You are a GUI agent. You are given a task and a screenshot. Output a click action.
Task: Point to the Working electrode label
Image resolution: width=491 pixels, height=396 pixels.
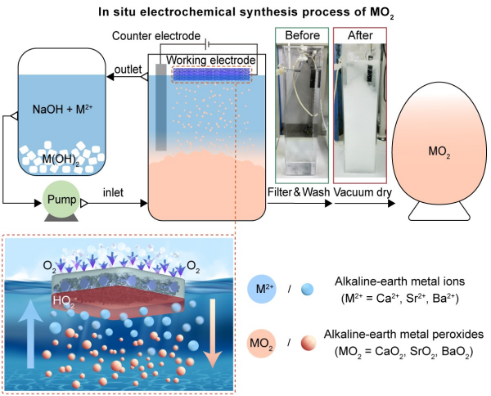(x=211, y=60)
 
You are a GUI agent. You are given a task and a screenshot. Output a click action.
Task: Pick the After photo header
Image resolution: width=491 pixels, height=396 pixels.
(x=360, y=37)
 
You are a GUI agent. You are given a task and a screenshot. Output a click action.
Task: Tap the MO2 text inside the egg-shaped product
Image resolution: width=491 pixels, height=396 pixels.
(x=441, y=153)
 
